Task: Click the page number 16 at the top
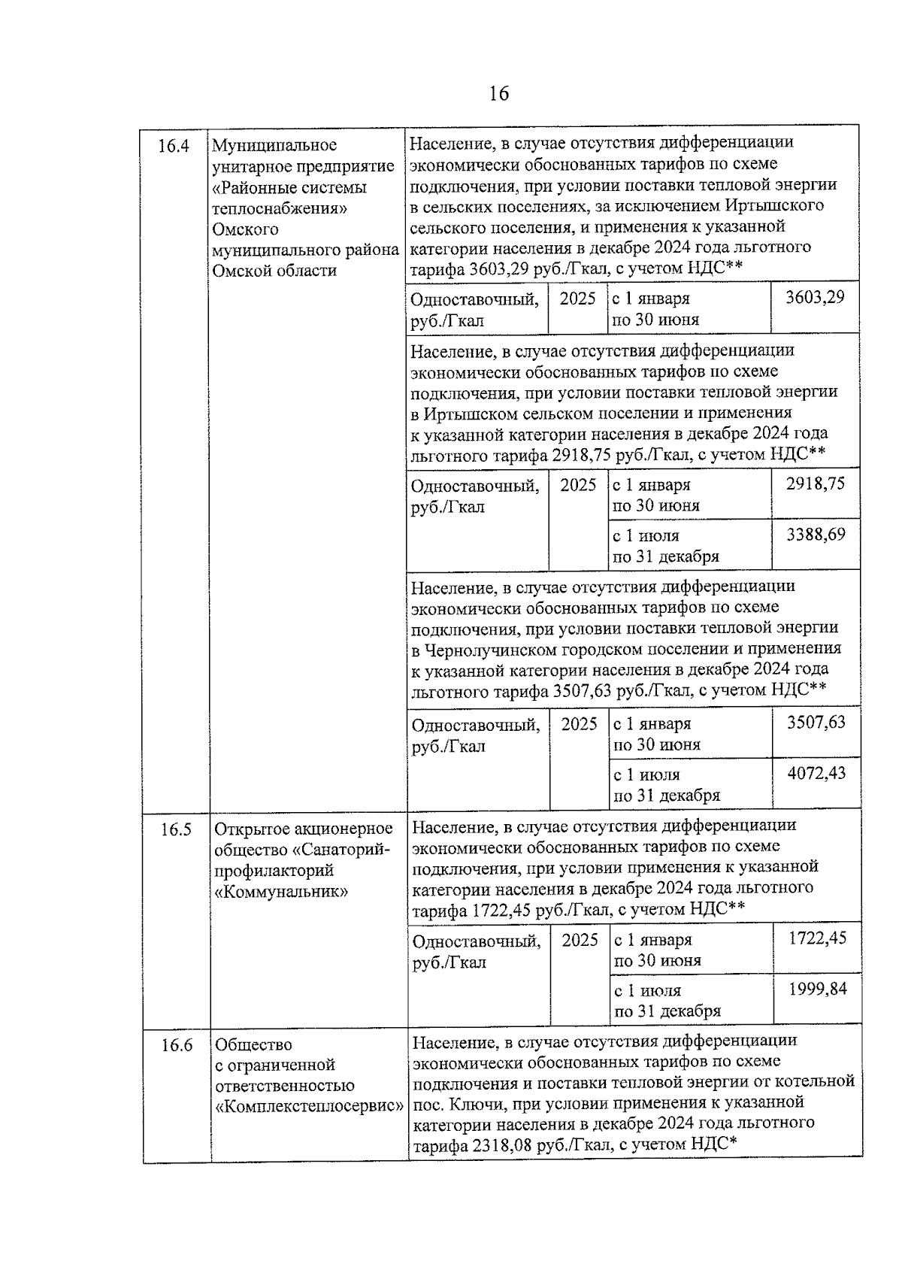pyautogui.click(x=498, y=93)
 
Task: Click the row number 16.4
pyautogui.click(x=173, y=146)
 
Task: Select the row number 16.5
pyautogui.click(x=176, y=829)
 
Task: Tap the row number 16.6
pyautogui.click(x=177, y=1045)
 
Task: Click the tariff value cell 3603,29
pyautogui.click(x=815, y=297)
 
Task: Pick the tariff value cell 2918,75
pyautogui.click(x=815, y=483)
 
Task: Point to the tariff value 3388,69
pyautogui.click(x=816, y=535)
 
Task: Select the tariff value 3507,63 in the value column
pyautogui.click(x=816, y=723)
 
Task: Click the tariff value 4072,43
pyautogui.click(x=816, y=773)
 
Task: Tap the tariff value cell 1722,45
pyautogui.click(x=817, y=938)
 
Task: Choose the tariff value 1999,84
pyautogui.click(x=817, y=989)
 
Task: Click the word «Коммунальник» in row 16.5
pyautogui.click(x=281, y=892)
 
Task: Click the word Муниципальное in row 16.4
pyautogui.click(x=274, y=145)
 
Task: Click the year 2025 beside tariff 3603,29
pyautogui.click(x=577, y=299)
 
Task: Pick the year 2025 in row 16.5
pyautogui.click(x=580, y=940)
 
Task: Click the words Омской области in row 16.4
pyautogui.click(x=274, y=271)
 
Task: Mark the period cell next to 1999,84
pyautogui.click(x=667, y=1001)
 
